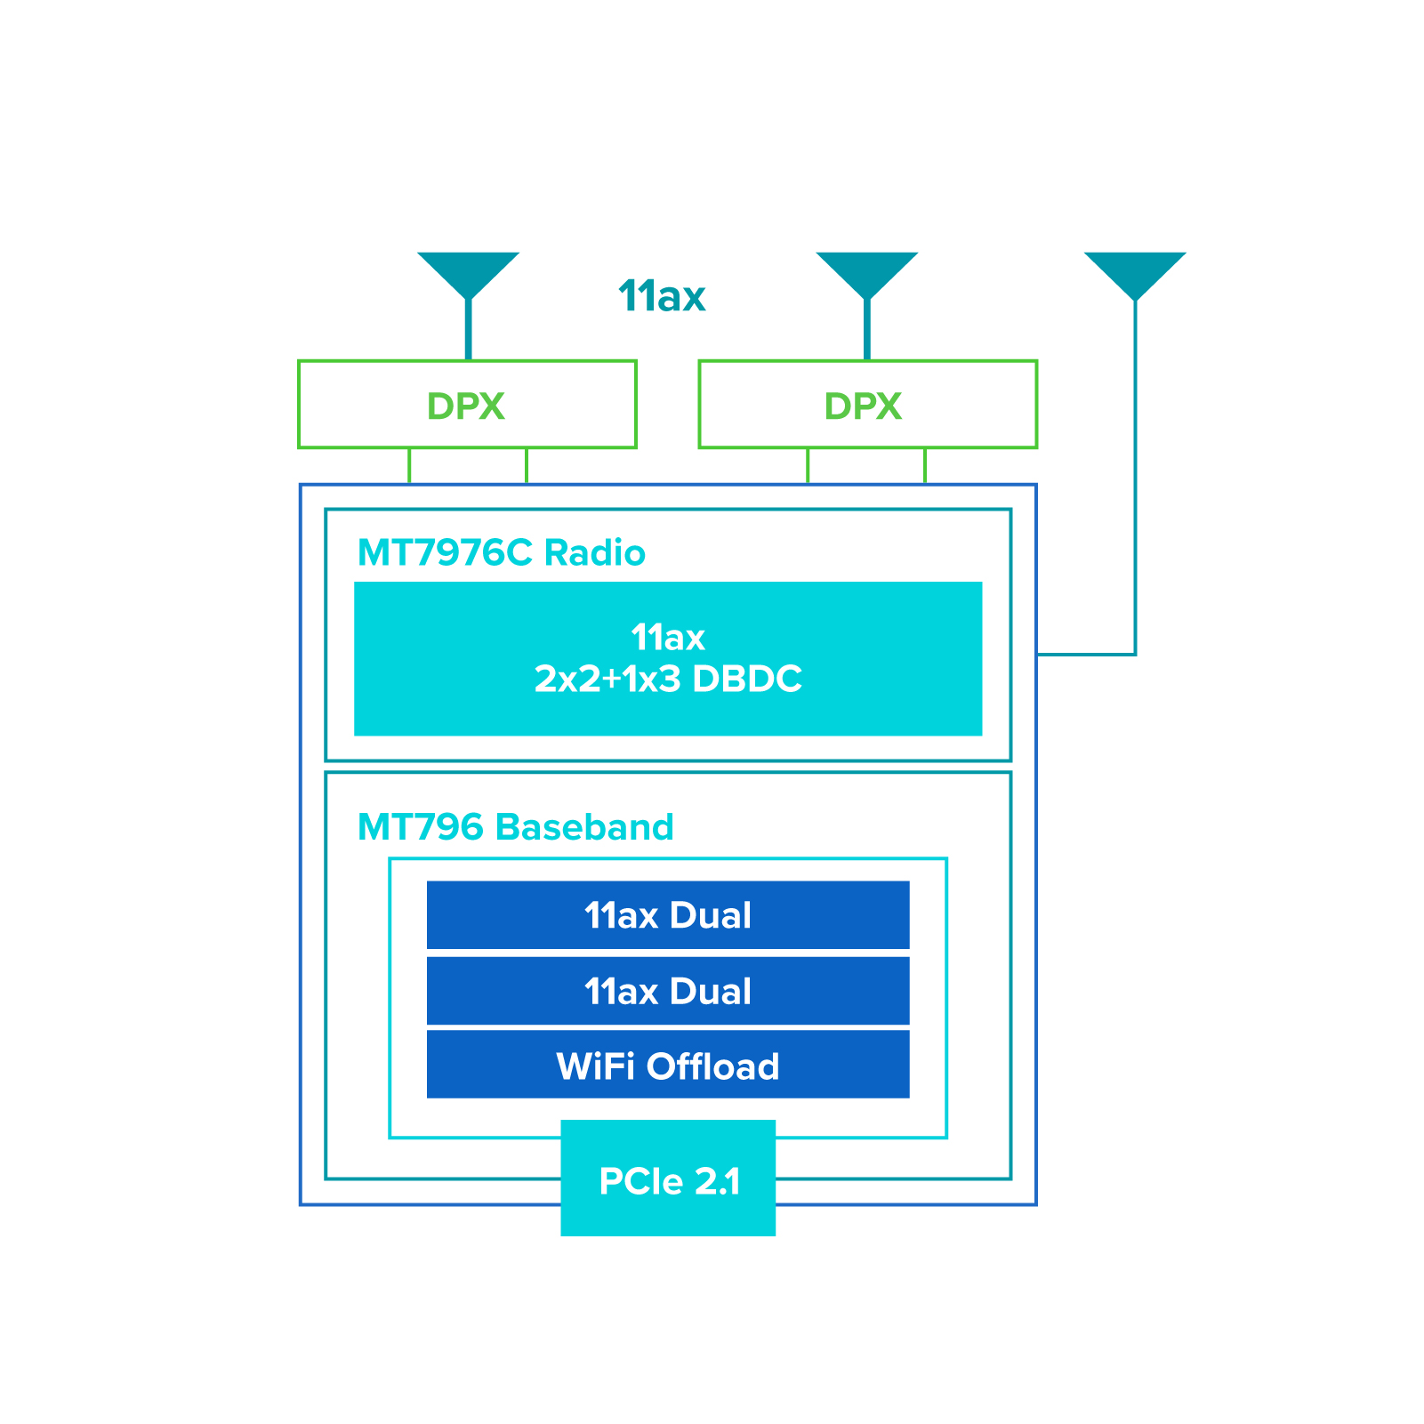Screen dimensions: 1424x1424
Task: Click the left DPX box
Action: pyautogui.click(x=467, y=405)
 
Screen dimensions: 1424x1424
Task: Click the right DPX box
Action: pyautogui.click(x=867, y=405)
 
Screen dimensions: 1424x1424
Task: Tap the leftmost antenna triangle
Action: pyautogui.click(x=468, y=271)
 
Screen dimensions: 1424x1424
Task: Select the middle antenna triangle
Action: pyautogui.click(x=866, y=271)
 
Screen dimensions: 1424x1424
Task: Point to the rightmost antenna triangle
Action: pyautogui.click(x=1135, y=271)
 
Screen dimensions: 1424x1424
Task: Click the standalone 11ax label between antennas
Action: pyautogui.click(x=662, y=297)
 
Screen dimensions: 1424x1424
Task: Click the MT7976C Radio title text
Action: pyautogui.click(x=501, y=553)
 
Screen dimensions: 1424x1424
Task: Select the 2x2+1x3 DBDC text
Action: pyautogui.click(x=668, y=680)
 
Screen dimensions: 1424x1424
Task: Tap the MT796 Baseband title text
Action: pyautogui.click(x=515, y=827)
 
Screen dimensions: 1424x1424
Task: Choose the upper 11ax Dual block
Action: pyautogui.click(x=668, y=915)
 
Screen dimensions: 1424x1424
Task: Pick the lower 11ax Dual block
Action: pyautogui.click(x=668, y=991)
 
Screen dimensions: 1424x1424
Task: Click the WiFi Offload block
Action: pyautogui.click(x=668, y=1066)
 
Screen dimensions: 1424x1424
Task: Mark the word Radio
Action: pyautogui.click(x=594, y=553)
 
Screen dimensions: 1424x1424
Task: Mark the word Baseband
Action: pyautogui.click(x=584, y=827)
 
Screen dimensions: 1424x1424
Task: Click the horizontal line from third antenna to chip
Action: pyautogui.click(x=1086, y=654)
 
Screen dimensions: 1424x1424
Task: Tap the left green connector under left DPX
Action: pyautogui.click(x=409, y=466)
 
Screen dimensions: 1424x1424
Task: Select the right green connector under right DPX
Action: pyautogui.click(x=925, y=466)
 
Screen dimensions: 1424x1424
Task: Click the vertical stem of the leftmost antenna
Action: pyautogui.click(x=468, y=330)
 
